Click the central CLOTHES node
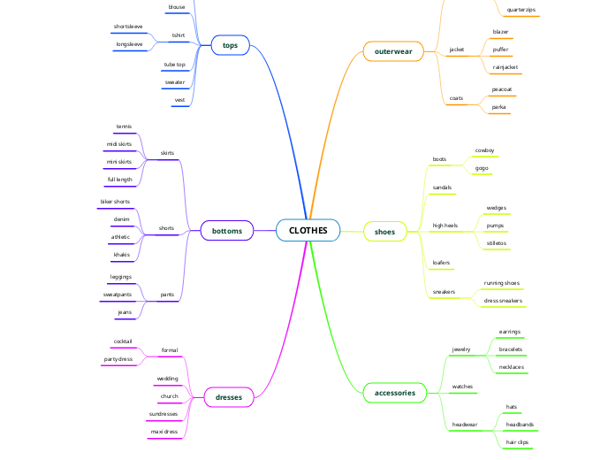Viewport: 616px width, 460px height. point(308,231)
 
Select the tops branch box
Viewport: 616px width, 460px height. point(231,45)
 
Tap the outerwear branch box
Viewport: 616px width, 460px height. point(393,52)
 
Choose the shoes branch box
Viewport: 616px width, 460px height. point(385,232)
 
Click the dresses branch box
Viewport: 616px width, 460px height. point(229,397)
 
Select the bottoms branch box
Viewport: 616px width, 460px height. point(227,231)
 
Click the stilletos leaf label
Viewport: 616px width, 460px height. point(496,242)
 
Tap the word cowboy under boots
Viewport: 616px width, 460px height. point(484,150)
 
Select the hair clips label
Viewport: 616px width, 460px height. point(517,441)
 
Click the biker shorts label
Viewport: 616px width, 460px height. point(115,202)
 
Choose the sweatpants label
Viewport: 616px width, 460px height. point(118,294)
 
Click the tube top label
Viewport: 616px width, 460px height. point(175,65)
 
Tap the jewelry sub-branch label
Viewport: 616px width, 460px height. point(461,349)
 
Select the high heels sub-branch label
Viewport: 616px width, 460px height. point(445,226)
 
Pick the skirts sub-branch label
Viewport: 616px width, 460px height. point(167,153)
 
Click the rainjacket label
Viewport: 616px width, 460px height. point(506,66)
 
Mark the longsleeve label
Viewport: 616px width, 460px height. point(129,43)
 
